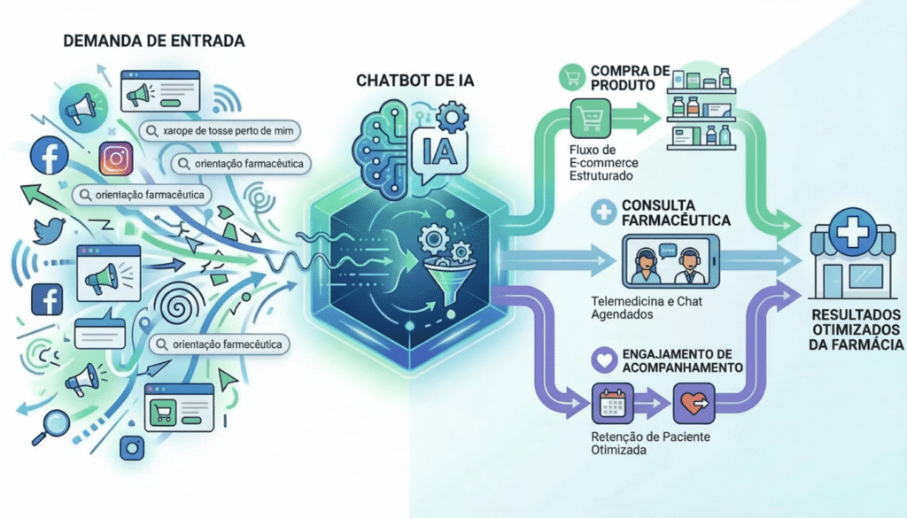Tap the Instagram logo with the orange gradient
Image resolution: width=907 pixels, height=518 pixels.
[116, 159]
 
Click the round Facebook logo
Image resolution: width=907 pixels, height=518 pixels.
[50, 157]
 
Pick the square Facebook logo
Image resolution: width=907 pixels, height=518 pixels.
[46, 300]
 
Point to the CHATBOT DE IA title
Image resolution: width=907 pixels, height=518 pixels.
[415, 81]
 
